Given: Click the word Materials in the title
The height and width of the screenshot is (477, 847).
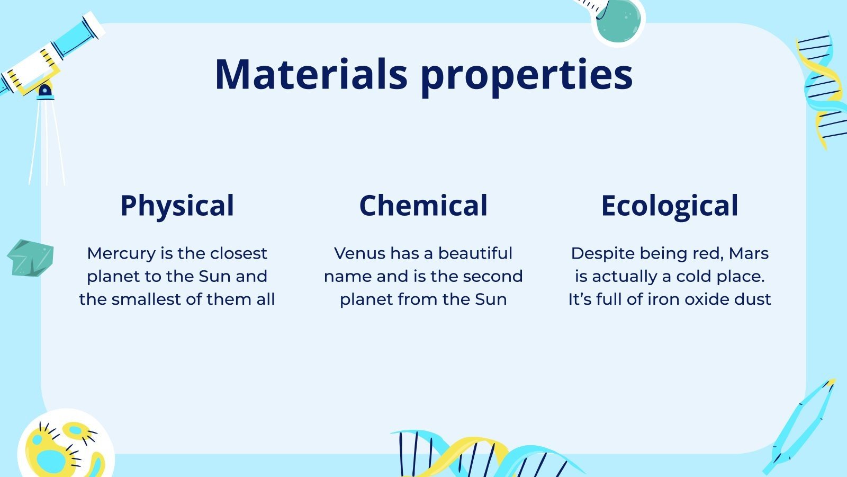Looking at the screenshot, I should pos(311,74).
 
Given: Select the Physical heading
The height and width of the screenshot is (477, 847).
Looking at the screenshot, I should pos(177,206).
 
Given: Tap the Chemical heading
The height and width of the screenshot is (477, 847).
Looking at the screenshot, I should pos(424,205).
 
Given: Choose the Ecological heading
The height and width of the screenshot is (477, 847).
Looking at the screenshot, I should pos(670,206).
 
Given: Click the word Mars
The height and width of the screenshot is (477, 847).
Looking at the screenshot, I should pos(749,253).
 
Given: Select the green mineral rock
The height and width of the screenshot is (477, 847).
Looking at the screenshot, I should pos(31,258).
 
